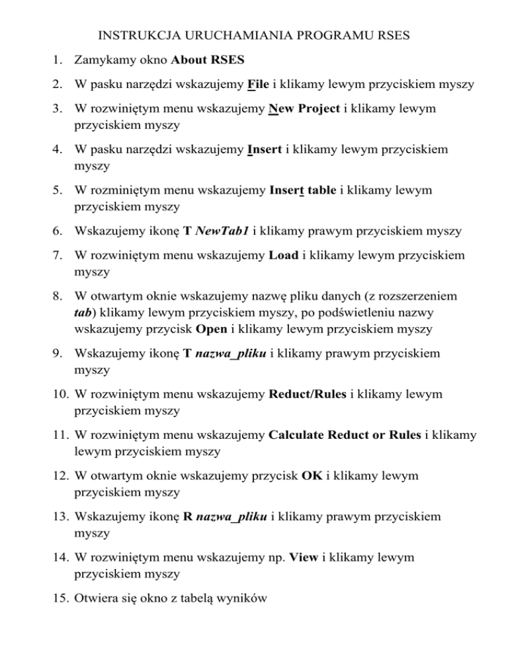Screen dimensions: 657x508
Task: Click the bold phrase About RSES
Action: point(207,61)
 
